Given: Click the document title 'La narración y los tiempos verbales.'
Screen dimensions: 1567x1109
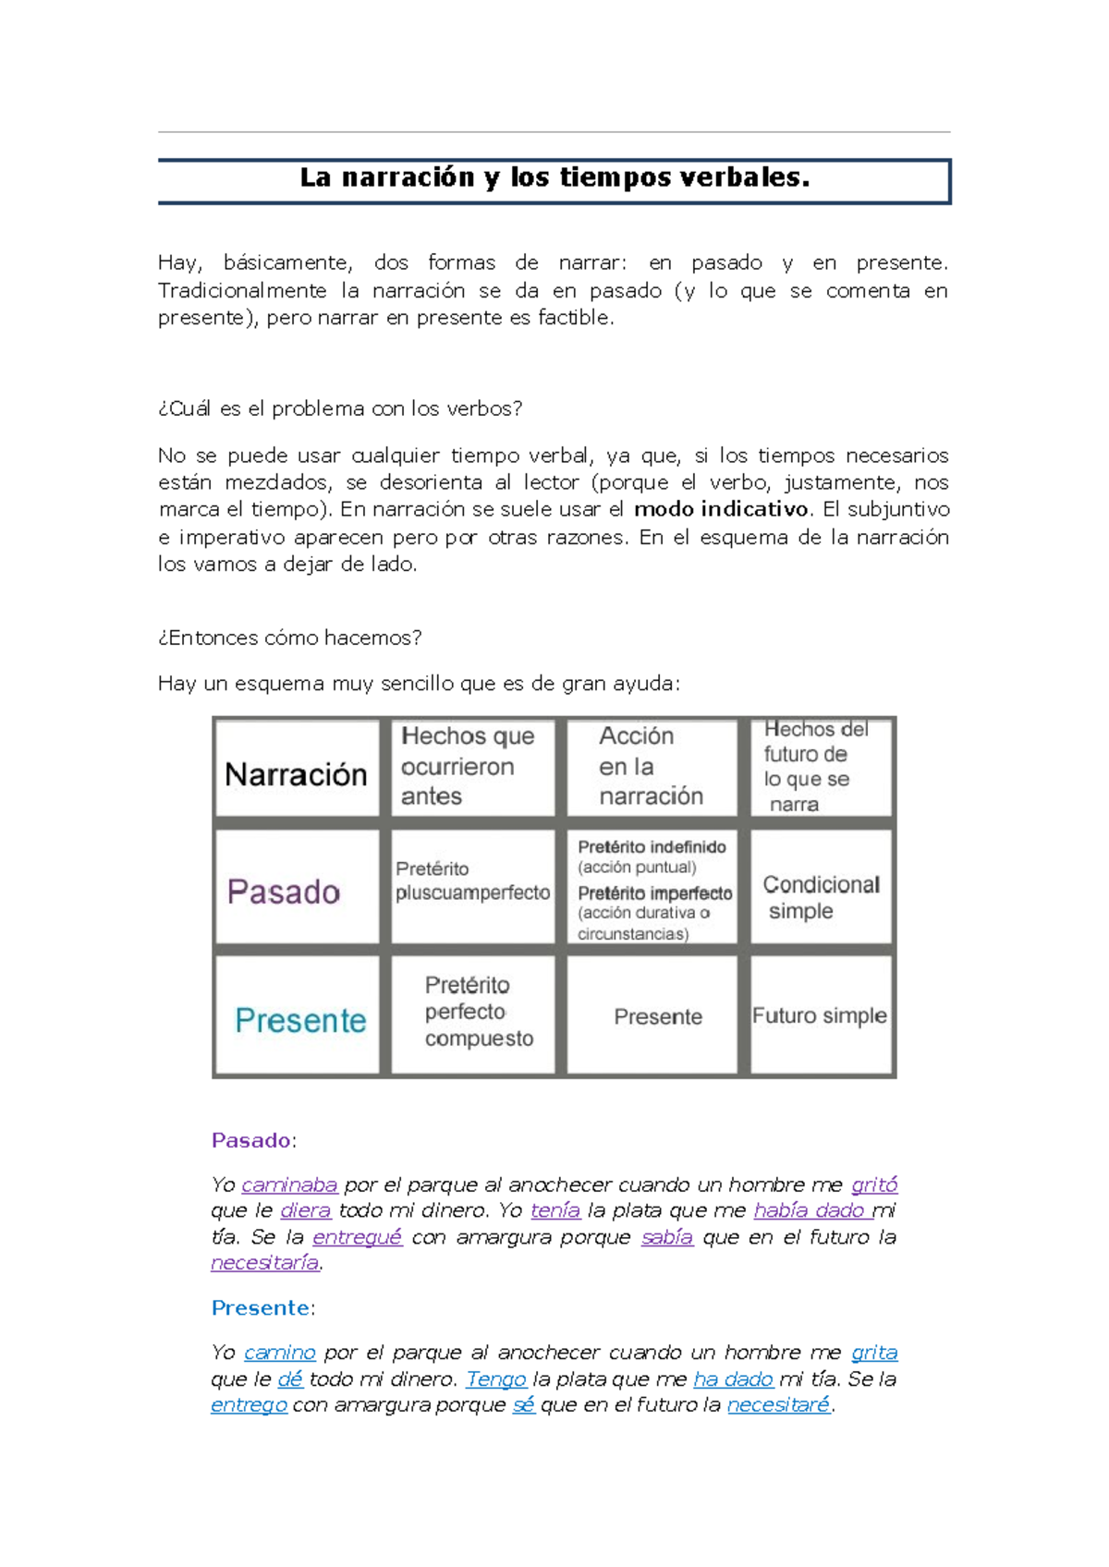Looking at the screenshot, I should click(554, 177).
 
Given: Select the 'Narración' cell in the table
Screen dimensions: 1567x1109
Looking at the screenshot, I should click(296, 774).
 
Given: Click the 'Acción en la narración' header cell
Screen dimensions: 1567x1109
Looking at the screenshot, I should click(651, 766).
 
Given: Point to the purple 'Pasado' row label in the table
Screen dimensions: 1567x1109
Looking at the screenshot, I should click(284, 892).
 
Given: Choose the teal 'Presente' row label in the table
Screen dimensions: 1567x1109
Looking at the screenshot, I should click(300, 1020).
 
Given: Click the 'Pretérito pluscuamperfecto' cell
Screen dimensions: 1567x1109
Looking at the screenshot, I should click(472, 881).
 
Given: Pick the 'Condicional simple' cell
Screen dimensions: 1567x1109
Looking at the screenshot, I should click(821, 897).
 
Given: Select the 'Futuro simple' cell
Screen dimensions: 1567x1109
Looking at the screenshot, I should click(819, 1015).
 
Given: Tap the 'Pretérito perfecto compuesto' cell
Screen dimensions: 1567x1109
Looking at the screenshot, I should click(478, 1012).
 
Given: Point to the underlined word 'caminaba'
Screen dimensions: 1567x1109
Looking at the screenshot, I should click(289, 1184).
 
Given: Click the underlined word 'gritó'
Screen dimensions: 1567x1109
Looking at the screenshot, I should click(874, 1184).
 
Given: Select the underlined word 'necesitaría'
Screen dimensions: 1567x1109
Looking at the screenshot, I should click(264, 1262).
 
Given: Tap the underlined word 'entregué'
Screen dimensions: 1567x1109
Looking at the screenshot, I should click(358, 1237).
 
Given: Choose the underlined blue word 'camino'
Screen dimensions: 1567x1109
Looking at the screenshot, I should click(280, 1353).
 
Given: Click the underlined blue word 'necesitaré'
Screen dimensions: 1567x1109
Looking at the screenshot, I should click(778, 1405).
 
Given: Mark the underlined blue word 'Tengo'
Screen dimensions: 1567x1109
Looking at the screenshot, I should click(496, 1379).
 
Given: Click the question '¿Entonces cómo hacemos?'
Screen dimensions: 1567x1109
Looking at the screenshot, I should click(290, 638).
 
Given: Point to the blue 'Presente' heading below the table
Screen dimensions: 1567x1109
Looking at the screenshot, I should click(261, 1307).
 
